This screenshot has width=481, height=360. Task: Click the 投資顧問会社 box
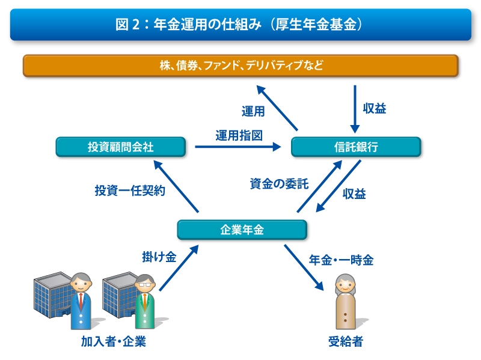[x=121, y=147]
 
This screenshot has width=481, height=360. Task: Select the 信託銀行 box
[x=356, y=147]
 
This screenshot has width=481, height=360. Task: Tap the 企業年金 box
[x=242, y=230]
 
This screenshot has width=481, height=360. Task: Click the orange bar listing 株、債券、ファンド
[x=240, y=66]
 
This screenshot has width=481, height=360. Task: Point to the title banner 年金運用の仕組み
[x=240, y=25]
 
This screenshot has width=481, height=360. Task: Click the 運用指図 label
[x=239, y=135]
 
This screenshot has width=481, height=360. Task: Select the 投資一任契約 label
[x=130, y=191]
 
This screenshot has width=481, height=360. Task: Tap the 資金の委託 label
[x=279, y=184]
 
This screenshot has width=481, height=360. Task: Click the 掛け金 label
[x=159, y=257]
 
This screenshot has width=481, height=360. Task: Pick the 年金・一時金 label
[x=341, y=260]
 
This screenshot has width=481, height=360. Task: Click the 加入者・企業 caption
[x=114, y=341]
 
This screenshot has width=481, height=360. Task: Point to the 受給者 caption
[x=346, y=341]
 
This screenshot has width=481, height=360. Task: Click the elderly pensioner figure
[x=346, y=302]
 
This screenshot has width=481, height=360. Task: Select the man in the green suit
[x=145, y=302]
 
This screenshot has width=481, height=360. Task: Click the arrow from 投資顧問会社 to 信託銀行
[x=238, y=147]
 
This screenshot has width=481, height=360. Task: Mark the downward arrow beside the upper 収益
[x=355, y=109]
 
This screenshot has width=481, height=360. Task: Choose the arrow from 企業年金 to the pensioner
[x=304, y=267]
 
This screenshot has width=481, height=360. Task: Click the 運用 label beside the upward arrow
[x=253, y=111]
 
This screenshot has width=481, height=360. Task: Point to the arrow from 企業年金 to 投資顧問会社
[x=176, y=186]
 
